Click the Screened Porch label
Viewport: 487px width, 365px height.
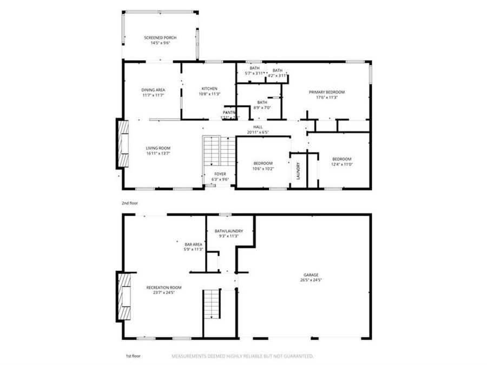[x=160, y=37]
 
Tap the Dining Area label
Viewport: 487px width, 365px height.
[x=153, y=89]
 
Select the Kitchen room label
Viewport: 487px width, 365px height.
[x=209, y=89]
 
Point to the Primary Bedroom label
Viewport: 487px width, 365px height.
[x=327, y=92]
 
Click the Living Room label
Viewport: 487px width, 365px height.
[x=158, y=148]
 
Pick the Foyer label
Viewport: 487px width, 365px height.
[x=220, y=174]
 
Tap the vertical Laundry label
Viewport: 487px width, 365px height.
[x=298, y=170]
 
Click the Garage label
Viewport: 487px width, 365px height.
[x=310, y=275]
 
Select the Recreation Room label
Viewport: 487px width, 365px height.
[x=164, y=287]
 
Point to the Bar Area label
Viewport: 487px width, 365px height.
[x=193, y=244]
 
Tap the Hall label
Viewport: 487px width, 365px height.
[x=258, y=127]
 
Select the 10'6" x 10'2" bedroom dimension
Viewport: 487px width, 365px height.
[x=264, y=168]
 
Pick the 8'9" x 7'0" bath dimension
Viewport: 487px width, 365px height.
[x=262, y=108]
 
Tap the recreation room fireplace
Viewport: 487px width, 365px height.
[x=124, y=297]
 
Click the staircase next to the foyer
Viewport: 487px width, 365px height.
[x=219, y=151]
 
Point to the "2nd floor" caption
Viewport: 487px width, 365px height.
[x=129, y=203]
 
